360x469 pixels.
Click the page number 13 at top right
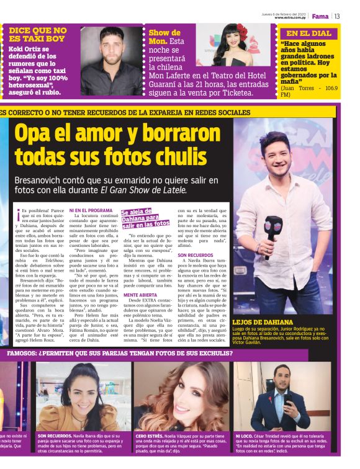(x=337, y=16)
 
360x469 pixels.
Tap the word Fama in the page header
(x=320, y=16)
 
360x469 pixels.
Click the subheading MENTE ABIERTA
(x=140, y=295)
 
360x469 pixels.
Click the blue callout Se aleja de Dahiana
(x=145, y=218)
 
